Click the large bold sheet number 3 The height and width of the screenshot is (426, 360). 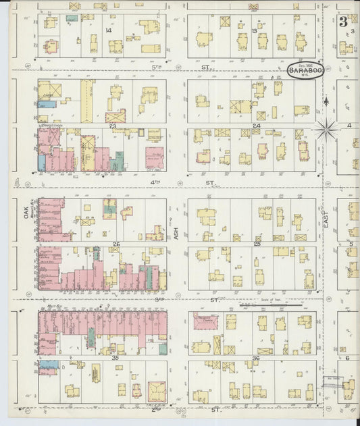[343, 21]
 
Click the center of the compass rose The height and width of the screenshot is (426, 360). [328, 126]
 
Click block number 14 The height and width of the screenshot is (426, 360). [108, 30]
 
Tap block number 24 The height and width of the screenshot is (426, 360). [256, 126]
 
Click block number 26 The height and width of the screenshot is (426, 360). [116, 244]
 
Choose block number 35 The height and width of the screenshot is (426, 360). [115, 357]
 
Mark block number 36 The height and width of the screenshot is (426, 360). [255, 357]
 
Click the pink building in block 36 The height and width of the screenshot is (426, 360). [206, 321]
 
